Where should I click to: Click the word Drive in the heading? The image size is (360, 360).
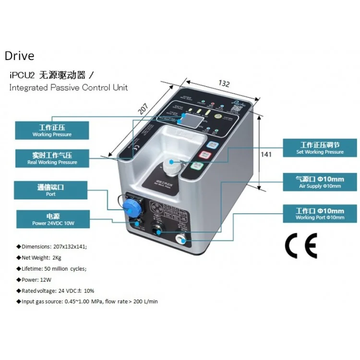[x=20, y=56]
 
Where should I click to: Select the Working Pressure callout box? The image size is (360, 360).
[x=52, y=130]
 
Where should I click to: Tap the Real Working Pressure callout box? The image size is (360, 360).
[x=52, y=158]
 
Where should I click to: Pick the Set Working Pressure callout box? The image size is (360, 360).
[x=320, y=148]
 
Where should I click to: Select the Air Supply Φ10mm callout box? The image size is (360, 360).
[x=320, y=182]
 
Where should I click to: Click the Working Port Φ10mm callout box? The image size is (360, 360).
[x=320, y=214]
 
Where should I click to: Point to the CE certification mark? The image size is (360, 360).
[x=301, y=247]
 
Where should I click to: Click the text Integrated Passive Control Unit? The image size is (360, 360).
[x=69, y=88]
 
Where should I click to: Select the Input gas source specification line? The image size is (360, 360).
[x=89, y=301]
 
